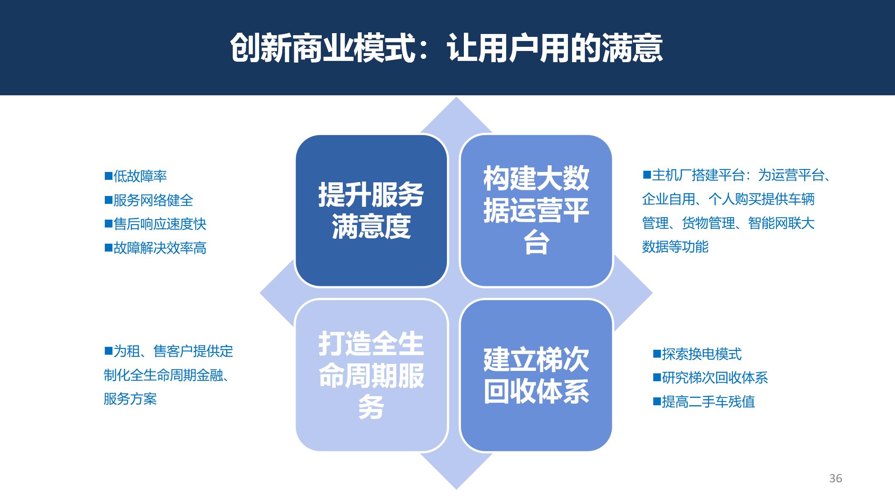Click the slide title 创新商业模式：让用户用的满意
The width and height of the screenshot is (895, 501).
[x=446, y=48]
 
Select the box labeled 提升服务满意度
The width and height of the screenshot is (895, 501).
[x=371, y=211]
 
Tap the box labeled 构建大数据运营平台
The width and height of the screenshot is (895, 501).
[x=536, y=211]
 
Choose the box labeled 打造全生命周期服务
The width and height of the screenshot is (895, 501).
[x=371, y=375]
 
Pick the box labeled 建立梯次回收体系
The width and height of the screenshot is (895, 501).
[x=536, y=375]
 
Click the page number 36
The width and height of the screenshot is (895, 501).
[x=836, y=478]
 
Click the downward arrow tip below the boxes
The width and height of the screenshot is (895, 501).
[x=456, y=489]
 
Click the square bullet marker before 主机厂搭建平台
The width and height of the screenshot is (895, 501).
[x=647, y=175]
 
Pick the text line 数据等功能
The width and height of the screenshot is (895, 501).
[x=675, y=247]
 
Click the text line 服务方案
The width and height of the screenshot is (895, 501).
[x=130, y=399]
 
